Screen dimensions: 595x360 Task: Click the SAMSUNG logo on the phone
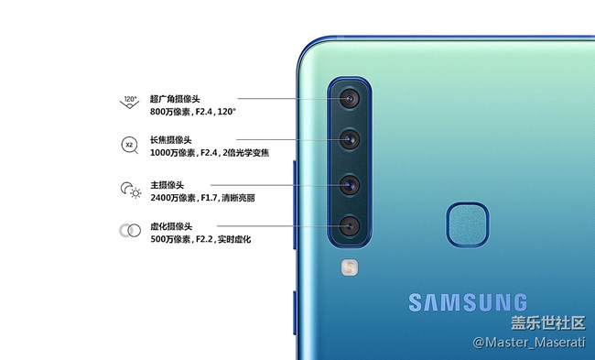click(468, 301)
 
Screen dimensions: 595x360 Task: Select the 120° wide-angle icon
click(130, 102)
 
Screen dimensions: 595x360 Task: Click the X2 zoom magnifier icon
click(129, 145)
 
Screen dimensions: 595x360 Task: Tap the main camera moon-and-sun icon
click(130, 190)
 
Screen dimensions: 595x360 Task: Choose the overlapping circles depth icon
click(129, 231)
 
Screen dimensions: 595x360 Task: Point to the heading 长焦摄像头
click(171, 139)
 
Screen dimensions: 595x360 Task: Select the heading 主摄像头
click(167, 184)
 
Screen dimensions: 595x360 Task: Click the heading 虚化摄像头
click(171, 225)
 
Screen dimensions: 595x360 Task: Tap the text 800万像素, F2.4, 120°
click(193, 112)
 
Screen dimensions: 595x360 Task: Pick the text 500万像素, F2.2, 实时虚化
click(200, 239)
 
